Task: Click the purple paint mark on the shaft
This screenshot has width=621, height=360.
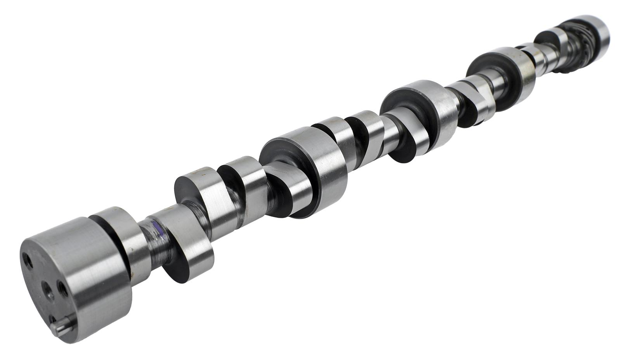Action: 158,230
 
